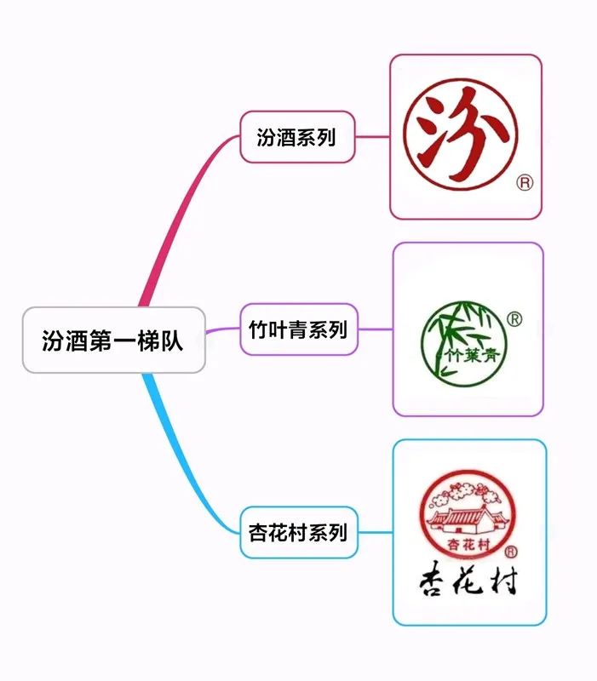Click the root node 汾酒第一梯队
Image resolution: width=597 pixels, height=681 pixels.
point(113,340)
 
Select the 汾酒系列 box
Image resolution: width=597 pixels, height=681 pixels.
point(296,137)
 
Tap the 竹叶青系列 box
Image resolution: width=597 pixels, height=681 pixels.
point(298,329)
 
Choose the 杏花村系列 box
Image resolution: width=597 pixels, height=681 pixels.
point(298,534)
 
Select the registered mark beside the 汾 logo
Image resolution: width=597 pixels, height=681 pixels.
point(525,182)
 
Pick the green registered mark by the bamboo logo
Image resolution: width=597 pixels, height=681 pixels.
point(514,319)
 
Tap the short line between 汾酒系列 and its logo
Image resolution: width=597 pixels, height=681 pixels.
point(372,136)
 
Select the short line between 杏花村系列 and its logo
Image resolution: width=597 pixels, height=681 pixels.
point(375,534)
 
